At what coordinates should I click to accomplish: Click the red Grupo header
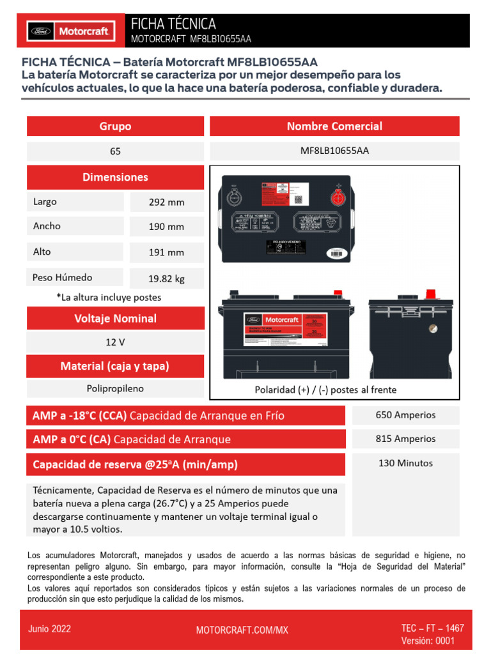115,126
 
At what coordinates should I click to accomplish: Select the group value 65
115,151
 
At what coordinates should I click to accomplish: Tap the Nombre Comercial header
334,126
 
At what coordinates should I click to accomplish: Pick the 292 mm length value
166,202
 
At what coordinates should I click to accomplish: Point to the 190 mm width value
166,227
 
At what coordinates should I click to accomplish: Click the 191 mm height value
166,252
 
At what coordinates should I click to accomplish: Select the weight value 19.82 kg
166,278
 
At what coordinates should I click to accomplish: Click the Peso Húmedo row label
63,278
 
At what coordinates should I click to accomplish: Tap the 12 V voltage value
115,342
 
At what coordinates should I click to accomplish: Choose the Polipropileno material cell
115,388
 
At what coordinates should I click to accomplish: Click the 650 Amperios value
405,415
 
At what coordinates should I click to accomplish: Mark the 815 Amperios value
405,439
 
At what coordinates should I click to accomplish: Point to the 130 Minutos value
405,463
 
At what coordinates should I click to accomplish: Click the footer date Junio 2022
49,628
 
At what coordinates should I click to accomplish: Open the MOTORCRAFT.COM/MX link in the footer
242,630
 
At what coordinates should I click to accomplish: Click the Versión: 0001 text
428,641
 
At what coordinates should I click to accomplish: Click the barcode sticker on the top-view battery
339,254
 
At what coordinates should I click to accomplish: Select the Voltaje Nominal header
115,318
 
